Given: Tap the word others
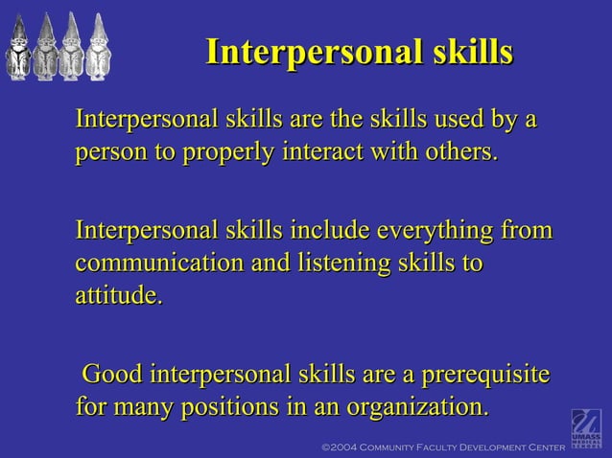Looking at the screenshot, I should click(x=457, y=153).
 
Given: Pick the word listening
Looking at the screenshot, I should click(x=342, y=263).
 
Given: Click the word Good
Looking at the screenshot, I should click(x=114, y=374).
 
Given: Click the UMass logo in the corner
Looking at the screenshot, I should click(x=586, y=428).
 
